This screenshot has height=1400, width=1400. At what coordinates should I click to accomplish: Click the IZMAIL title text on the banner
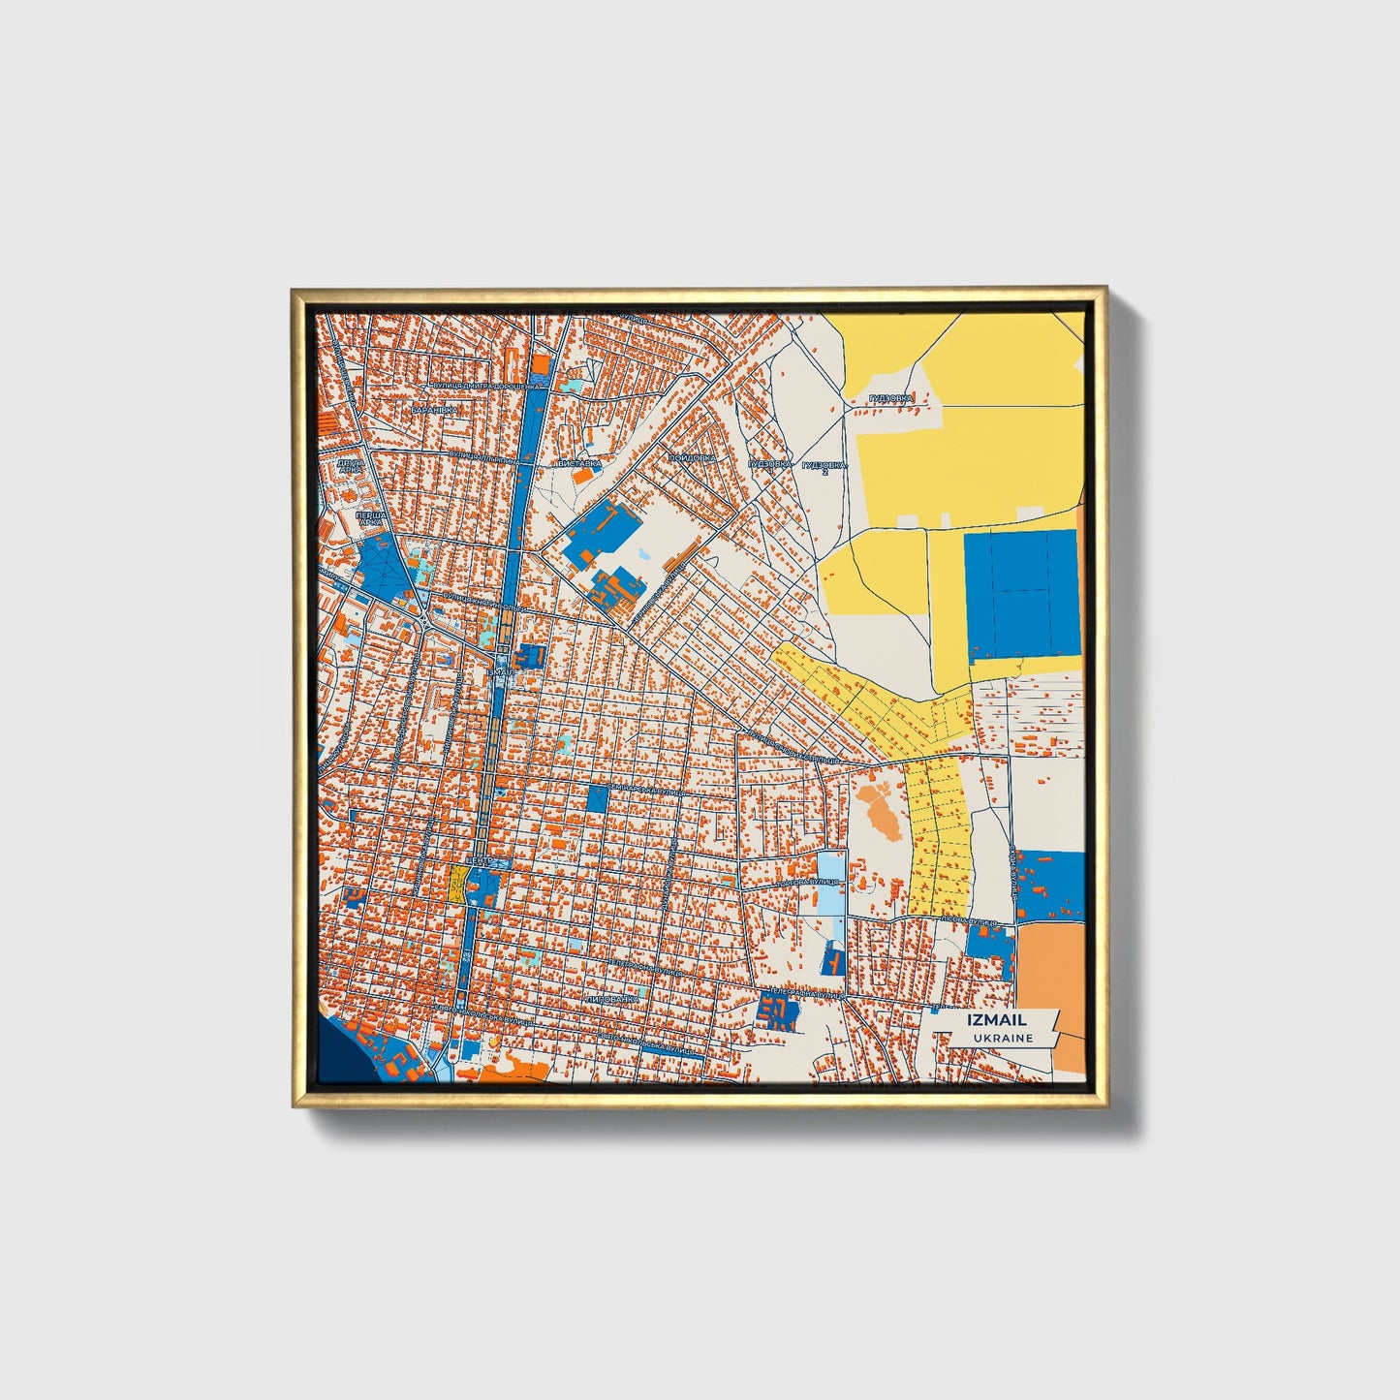996,1019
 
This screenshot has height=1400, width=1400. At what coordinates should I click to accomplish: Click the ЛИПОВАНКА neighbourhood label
612,998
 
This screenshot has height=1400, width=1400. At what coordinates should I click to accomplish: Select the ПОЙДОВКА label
692,457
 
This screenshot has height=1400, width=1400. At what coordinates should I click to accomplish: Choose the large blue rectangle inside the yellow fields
1021,593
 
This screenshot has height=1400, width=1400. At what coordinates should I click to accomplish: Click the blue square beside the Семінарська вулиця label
597,798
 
